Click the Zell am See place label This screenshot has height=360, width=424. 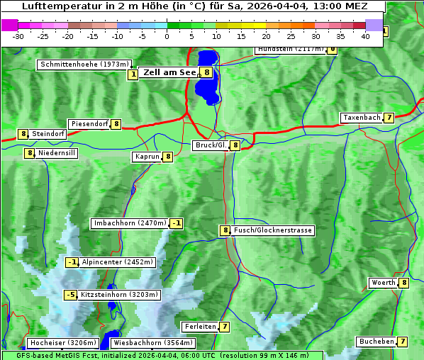170,72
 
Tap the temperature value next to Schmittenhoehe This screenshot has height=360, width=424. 133,74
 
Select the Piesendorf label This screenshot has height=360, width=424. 89,124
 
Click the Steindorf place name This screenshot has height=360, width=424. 48,134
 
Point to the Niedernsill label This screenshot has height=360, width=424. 56,152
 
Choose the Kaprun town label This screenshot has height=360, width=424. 147,157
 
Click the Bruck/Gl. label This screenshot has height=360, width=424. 211,145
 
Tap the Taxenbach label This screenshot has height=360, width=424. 361,118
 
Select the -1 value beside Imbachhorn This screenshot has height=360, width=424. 177,224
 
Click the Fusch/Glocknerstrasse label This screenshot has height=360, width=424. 272,230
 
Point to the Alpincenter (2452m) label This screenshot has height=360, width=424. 117,262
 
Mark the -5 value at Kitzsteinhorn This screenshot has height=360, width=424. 70,295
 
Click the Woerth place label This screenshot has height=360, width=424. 384,283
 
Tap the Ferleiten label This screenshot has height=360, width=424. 199,327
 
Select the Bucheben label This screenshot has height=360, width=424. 376,342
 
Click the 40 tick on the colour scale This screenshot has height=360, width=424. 365,35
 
